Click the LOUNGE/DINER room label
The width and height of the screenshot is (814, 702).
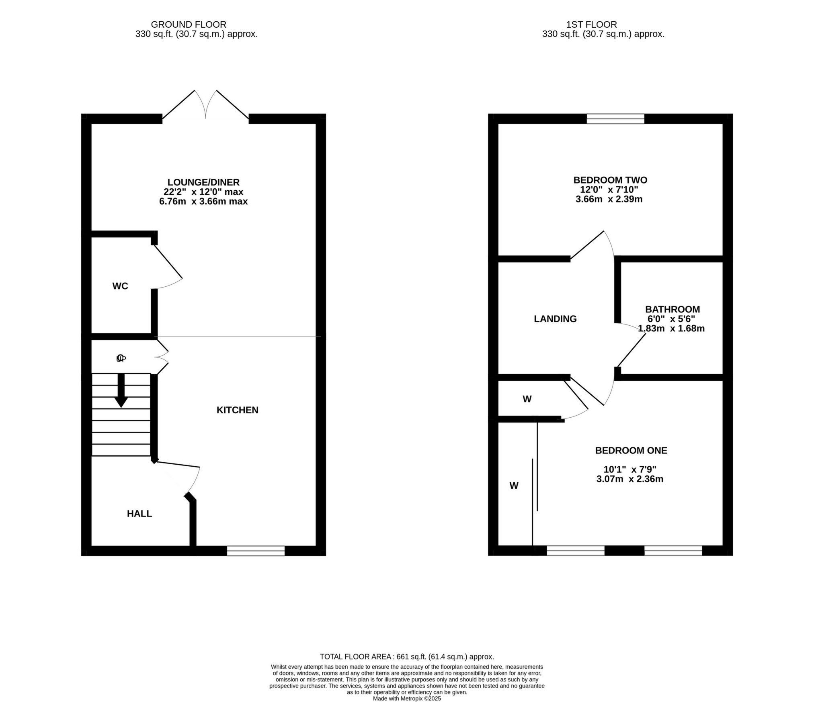(x=203, y=182)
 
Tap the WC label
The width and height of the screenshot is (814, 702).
(x=120, y=286)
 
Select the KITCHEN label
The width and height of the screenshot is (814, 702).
(x=237, y=410)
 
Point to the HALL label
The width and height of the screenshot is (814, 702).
(x=139, y=514)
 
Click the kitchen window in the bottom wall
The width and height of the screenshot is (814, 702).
(x=256, y=551)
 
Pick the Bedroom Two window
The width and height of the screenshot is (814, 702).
(x=615, y=119)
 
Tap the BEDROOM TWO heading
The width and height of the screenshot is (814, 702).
(x=610, y=180)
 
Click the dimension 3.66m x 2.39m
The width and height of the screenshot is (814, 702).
(x=609, y=199)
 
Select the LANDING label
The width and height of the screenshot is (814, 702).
(x=555, y=319)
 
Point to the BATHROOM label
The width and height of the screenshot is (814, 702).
(x=673, y=309)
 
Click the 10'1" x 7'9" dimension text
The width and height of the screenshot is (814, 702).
(x=630, y=469)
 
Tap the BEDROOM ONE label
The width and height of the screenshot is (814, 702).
(x=631, y=451)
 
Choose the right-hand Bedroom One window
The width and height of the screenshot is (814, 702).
(x=673, y=551)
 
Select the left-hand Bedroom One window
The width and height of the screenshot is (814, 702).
(x=576, y=551)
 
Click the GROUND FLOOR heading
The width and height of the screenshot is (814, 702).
(x=189, y=24)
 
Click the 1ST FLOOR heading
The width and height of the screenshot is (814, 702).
(x=591, y=24)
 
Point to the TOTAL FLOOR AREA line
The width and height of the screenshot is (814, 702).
(x=407, y=657)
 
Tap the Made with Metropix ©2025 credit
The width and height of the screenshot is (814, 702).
(x=407, y=698)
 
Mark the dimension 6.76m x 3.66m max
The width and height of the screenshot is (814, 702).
(x=203, y=202)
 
